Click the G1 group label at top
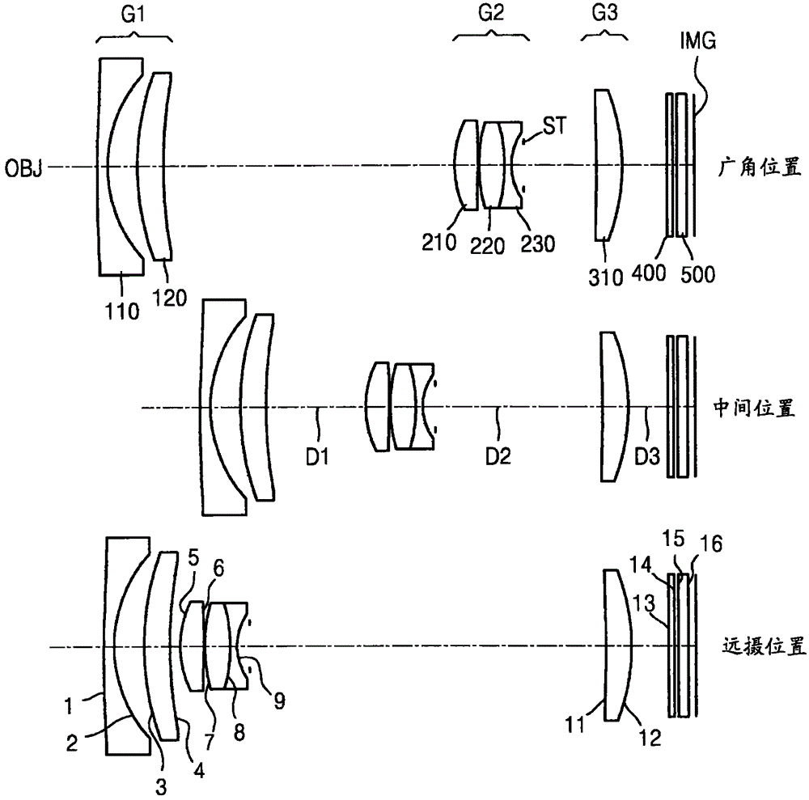pos(135,15)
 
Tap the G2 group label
pos(491,15)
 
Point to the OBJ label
pos(23,168)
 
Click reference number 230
pos(538,242)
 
